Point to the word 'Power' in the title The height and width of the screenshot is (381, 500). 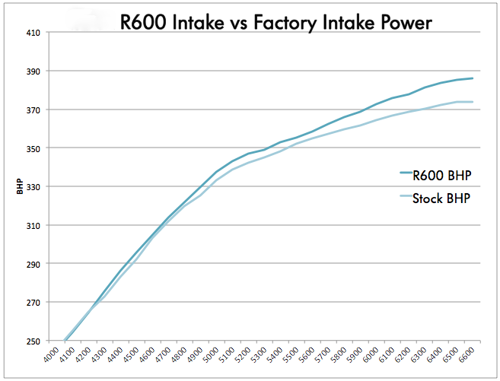click(x=403, y=23)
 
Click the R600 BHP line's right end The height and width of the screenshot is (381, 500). click(x=473, y=78)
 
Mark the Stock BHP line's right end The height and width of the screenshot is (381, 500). click(x=473, y=102)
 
